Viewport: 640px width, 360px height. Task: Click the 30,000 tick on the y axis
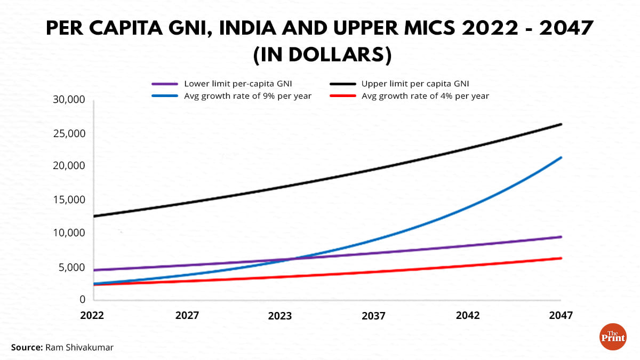coord(70,100)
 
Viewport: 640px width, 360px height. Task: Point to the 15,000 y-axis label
coord(70,200)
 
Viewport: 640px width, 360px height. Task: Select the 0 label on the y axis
coord(83,300)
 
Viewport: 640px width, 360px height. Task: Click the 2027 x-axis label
coord(187,316)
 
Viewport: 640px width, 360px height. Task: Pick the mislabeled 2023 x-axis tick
coord(280,316)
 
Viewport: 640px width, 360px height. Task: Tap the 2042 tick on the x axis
coord(468,316)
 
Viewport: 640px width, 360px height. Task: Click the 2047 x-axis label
coord(561,316)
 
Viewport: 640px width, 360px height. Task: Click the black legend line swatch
coord(342,84)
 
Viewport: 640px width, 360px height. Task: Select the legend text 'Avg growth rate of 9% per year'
coord(247,97)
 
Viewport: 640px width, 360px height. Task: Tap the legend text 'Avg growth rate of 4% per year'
coord(425,97)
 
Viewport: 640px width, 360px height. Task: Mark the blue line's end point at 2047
coord(561,157)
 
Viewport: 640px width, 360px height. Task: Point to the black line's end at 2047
coord(561,124)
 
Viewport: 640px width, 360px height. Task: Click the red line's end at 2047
coord(561,258)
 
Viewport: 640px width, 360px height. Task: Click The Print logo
coord(613,337)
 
